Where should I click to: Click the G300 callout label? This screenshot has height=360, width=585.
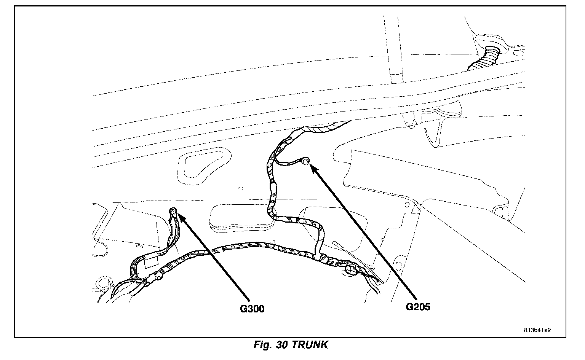point(252,309)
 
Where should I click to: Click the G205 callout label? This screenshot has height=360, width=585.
point(418,307)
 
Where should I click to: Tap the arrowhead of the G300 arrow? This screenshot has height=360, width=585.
point(181,217)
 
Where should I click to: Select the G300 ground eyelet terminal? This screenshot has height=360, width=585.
point(173,210)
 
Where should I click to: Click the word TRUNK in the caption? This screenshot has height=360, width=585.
point(310,345)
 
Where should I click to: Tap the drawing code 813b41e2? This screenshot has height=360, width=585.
point(537,330)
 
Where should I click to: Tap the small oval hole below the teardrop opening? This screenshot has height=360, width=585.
point(240,188)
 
